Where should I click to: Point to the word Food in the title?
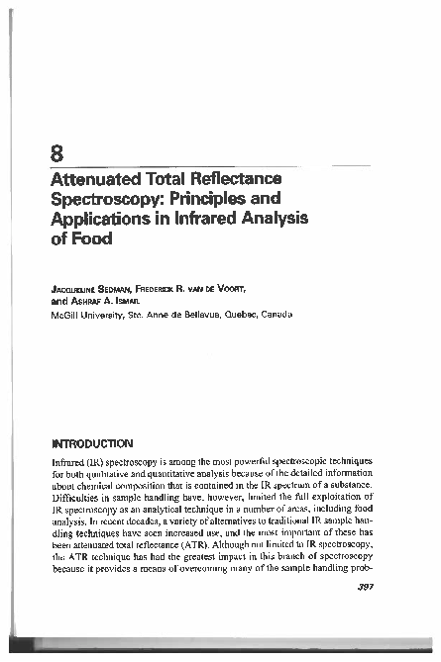click(x=93, y=238)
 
